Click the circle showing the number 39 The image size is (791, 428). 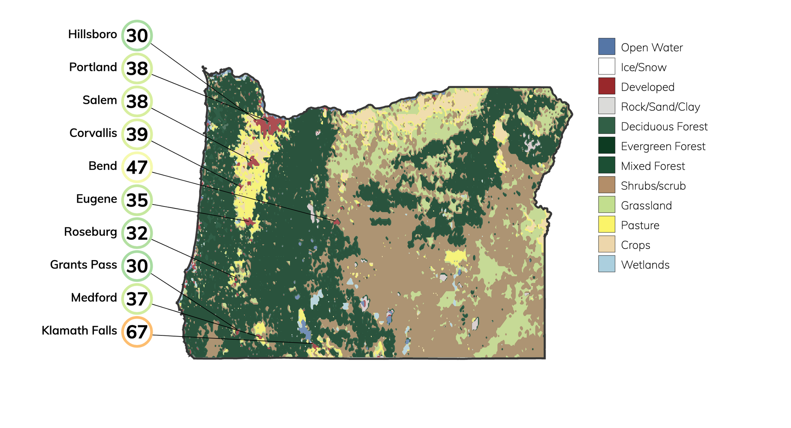(137, 134)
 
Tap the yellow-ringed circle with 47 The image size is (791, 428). (137, 167)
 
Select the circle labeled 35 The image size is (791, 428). (137, 200)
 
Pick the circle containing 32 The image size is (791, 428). (137, 233)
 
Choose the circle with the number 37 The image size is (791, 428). (137, 299)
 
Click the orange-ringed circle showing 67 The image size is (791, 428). (137, 332)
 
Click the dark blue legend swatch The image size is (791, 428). (606, 46)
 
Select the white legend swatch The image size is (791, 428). (606, 66)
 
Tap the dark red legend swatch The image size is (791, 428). (606, 86)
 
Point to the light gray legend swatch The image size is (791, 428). (606, 106)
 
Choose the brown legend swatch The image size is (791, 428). (606, 185)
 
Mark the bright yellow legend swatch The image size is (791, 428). (606, 224)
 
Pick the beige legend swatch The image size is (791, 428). (606, 244)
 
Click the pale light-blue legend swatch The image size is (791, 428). (606, 264)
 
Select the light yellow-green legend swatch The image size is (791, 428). (606, 205)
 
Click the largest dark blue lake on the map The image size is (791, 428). (305, 330)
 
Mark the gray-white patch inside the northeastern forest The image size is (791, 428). (532, 146)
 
